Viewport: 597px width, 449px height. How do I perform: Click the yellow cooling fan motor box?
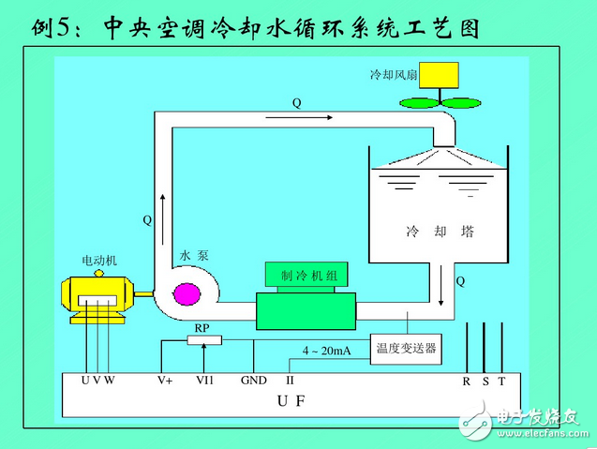tap(439, 74)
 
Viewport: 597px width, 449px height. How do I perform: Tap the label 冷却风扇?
tap(390, 74)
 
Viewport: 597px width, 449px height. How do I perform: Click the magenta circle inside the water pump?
tap(187, 293)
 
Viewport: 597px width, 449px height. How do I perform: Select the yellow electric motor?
tap(95, 293)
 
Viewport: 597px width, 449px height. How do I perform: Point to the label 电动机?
tap(99, 261)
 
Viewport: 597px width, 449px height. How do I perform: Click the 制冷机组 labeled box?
tap(307, 275)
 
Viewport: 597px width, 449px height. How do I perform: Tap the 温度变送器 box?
tap(407, 350)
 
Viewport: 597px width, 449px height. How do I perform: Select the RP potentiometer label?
tap(201, 327)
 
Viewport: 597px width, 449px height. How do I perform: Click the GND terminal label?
tap(253, 381)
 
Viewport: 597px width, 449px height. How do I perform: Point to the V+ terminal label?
tap(165, 381)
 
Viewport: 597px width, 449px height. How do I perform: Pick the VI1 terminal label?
tap(204, 381)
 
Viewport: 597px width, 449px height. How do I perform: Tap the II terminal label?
tap(290, 381)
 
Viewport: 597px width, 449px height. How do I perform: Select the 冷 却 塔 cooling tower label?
tap(439, 231)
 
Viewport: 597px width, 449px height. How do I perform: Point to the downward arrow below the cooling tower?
tap(441, 285)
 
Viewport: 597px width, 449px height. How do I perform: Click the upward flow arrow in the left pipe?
tap(162, 202)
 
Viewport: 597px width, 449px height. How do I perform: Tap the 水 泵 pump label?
tap(191, 255)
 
